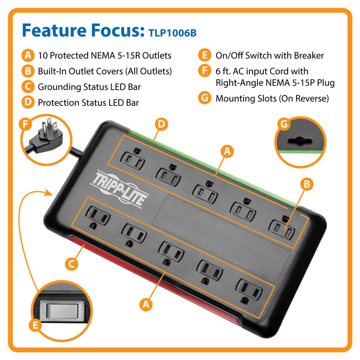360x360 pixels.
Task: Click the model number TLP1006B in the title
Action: click(x=172, y=33)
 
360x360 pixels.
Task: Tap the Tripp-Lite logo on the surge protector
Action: click(x=119, y=189)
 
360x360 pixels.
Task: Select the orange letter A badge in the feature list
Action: click(x=28, y=55)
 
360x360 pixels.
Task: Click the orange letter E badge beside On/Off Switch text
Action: click(x=205, y=55)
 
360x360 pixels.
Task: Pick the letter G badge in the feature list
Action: click(x=205, y=98)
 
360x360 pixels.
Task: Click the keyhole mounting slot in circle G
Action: click(x=300, y=142)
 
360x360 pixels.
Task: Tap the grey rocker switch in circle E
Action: click(x=62, y=311)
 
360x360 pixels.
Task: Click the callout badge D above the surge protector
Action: click(x=162, y=124)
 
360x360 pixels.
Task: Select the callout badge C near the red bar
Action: click(x=72, y=264)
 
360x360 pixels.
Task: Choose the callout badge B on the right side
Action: click(x=307, y=184)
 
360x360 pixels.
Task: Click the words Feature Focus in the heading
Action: click(x=83, y=30)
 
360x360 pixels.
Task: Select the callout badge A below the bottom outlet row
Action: click(x=146, y=305)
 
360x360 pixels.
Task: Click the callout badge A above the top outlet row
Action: click(x=227, y=151)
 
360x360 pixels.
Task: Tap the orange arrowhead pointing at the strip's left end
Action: click(x=49, y=193)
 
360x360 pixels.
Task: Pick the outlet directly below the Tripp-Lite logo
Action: click(x=98, y=216)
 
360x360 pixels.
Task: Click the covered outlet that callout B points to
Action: click(x=282, y=228)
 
